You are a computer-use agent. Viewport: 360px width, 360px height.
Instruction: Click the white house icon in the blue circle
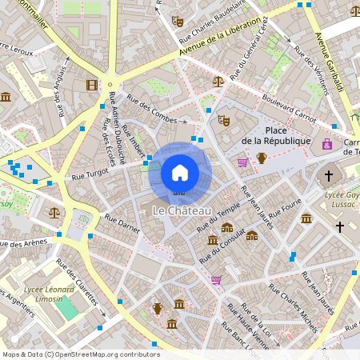pyautogui.click(x=180, y=172)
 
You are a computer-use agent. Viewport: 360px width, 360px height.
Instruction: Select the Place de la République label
pyautogui.click(x=276, y=136)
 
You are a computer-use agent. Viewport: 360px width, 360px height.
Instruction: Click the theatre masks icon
pyautogui.click(x=224, y=120)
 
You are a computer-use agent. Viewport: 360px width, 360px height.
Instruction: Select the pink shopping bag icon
pyautogui.click(x=326, y=144)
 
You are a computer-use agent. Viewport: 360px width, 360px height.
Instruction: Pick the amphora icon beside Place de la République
pyautogui.click(x=261, y=158)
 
